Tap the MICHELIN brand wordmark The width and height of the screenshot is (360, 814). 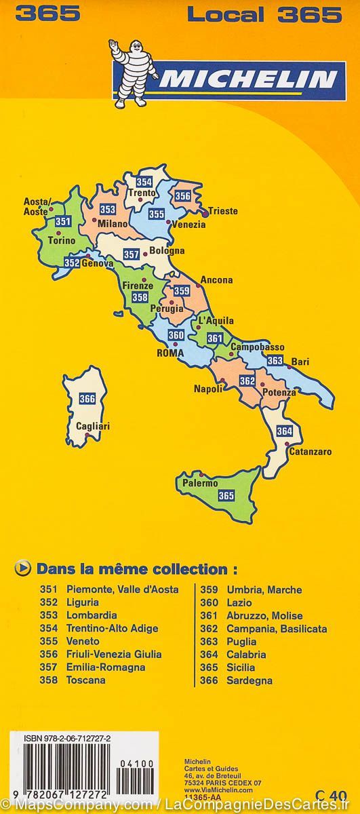point(247,80)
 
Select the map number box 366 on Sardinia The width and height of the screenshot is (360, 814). point(87,399)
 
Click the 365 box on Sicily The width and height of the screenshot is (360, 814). point(226,496)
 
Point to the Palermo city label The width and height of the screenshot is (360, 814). point(199,484)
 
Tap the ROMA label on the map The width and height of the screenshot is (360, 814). point(170,353)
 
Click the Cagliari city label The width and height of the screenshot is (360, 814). point(92,426)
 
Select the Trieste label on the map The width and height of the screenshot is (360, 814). point(222,211)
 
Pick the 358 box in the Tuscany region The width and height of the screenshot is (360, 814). point(140,296)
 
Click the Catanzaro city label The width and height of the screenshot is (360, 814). point(310,451)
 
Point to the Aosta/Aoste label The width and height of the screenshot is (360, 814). point(37,206)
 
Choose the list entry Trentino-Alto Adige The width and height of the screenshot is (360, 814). point(112,628)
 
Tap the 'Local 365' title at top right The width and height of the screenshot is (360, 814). point(264,14)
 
